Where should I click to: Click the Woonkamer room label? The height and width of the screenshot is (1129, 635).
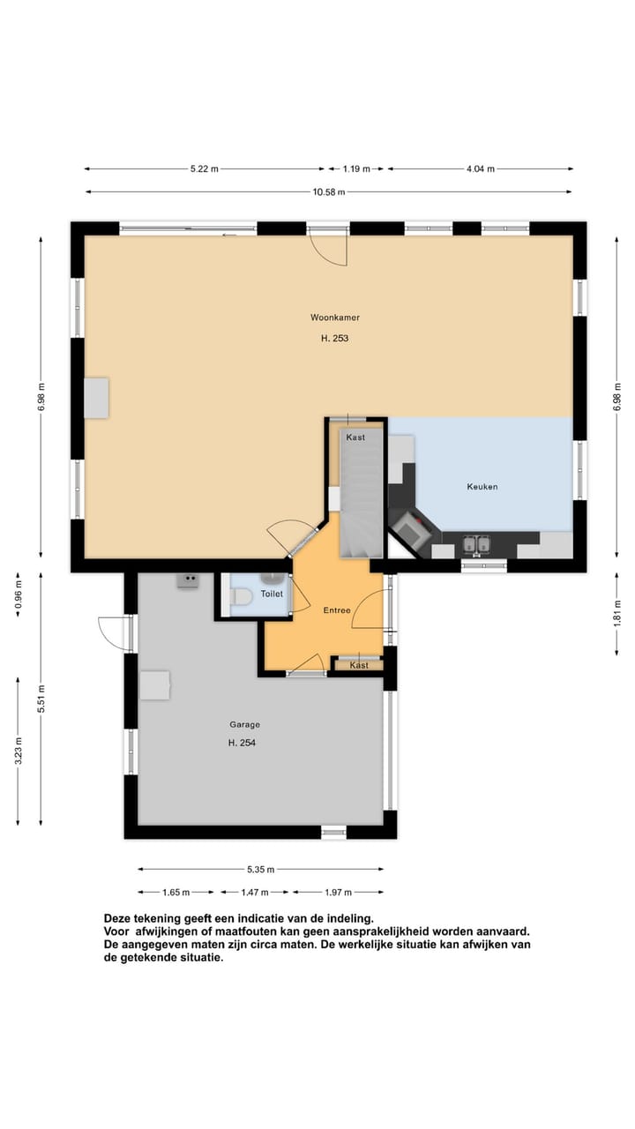tap(334, 317)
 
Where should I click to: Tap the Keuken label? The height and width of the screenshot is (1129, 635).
tap(482, 486)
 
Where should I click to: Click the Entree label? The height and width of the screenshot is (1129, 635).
tap(337, 610)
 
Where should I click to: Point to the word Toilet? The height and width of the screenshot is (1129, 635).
tap(272, 594)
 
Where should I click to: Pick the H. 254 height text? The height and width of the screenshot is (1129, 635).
tap(243, 743)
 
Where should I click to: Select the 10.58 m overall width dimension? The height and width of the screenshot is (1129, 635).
tap(328, 191)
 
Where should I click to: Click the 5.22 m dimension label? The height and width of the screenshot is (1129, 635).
tap(204, 168)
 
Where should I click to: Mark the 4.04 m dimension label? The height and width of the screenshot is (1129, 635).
tap(481, 168)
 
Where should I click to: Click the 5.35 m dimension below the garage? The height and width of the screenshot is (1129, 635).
tap(260, 869)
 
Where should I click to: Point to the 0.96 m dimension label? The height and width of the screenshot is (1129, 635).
tap(19, 597)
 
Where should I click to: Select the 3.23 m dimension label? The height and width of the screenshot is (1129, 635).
tap(19, 752)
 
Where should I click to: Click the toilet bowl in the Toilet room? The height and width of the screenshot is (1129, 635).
tap(240, 597)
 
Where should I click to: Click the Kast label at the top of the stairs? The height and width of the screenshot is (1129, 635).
tap(355, 437)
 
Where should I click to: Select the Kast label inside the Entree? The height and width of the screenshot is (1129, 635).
tap(359, 665)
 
